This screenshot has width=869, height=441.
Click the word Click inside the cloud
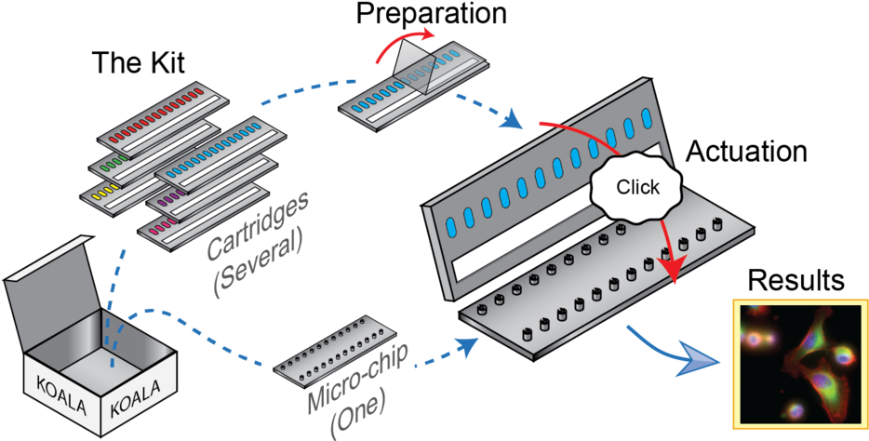(x=638, y=186)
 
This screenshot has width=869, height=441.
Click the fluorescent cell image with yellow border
(x=799, y=364)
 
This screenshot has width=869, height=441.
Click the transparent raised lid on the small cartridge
(x=416, y=74)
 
